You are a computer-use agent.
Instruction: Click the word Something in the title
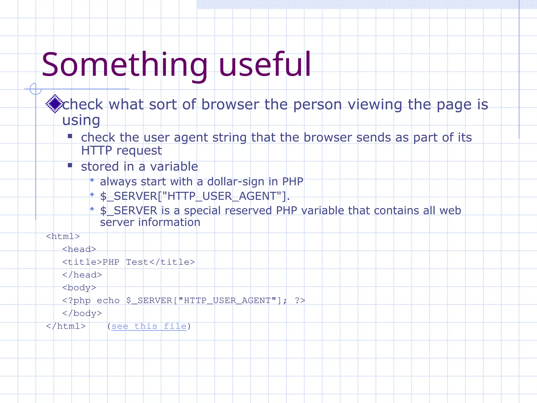coord(125,65)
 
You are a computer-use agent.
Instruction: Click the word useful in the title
coord(265,65)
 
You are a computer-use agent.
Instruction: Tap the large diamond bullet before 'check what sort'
coord(55,104)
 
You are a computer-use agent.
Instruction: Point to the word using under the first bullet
coord(81,120)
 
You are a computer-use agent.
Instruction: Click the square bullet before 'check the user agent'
coord(70,136)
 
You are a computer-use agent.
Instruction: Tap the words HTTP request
coord(121,151)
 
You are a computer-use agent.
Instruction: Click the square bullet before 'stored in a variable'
coord(70,165)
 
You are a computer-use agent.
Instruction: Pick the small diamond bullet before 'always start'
coord(92,180)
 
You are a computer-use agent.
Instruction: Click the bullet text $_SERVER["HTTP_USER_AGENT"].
coord(195,196)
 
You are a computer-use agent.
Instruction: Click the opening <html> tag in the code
coord(63,236)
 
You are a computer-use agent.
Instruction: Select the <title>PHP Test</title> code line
coord(128,262)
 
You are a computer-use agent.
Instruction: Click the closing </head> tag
coord(82,275)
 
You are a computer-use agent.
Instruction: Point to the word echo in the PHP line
coord(108,300)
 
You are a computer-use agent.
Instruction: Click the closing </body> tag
coord(82,313)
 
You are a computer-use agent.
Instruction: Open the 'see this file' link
coord(149,326)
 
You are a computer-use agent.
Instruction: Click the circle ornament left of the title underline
coord(36,89)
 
